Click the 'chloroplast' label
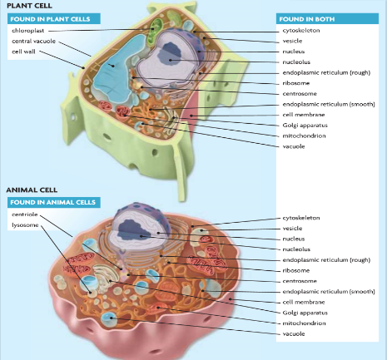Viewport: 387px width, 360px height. point(27,31)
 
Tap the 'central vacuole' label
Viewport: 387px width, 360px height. point(33,41)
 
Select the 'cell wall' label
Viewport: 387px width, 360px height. point(23,52)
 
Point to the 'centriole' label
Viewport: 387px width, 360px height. point(24,215)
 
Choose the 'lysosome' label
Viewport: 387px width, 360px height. point(25,224)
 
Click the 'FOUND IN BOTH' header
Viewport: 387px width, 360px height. point(307,19)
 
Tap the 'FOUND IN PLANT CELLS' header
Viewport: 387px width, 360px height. point(50,19)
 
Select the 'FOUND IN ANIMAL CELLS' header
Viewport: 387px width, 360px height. point(52,202)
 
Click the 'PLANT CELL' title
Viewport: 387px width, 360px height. point(29,6)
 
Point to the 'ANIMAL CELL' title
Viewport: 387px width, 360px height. point(32,190)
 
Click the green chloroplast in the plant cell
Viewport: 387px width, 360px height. point(153,31)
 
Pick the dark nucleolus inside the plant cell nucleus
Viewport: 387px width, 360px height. point(169,53)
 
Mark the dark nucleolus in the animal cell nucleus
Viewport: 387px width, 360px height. point(132,229)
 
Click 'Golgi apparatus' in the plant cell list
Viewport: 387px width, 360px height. point(305,126)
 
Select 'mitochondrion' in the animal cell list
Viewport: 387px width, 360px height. point(304,323)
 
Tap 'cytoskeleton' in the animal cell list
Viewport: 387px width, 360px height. point(301,218)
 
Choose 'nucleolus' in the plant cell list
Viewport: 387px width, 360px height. point(296,62)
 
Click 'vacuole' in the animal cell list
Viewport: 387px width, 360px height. point(294,333)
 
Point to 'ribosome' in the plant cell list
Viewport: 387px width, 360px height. point(296,83)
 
